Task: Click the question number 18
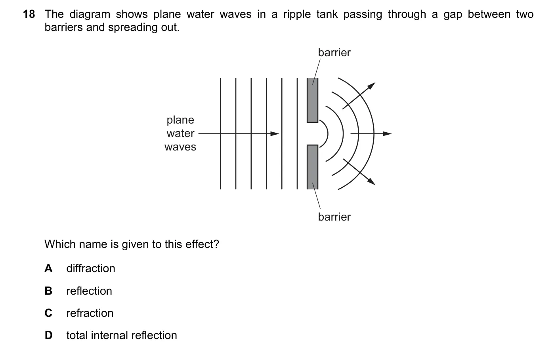29,14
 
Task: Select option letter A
48,268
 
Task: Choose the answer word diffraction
91,268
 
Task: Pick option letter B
48,291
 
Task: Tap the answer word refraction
90,313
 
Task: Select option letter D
48,335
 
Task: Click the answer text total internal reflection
122,335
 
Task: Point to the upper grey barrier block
313,100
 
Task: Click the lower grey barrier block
313,167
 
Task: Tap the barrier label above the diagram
334,53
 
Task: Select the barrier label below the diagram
334,217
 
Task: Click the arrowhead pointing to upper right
371,86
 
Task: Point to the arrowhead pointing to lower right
371,181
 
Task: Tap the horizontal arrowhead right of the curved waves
387,134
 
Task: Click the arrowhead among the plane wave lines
275,134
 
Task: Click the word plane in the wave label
180,120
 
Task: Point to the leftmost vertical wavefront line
220,134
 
